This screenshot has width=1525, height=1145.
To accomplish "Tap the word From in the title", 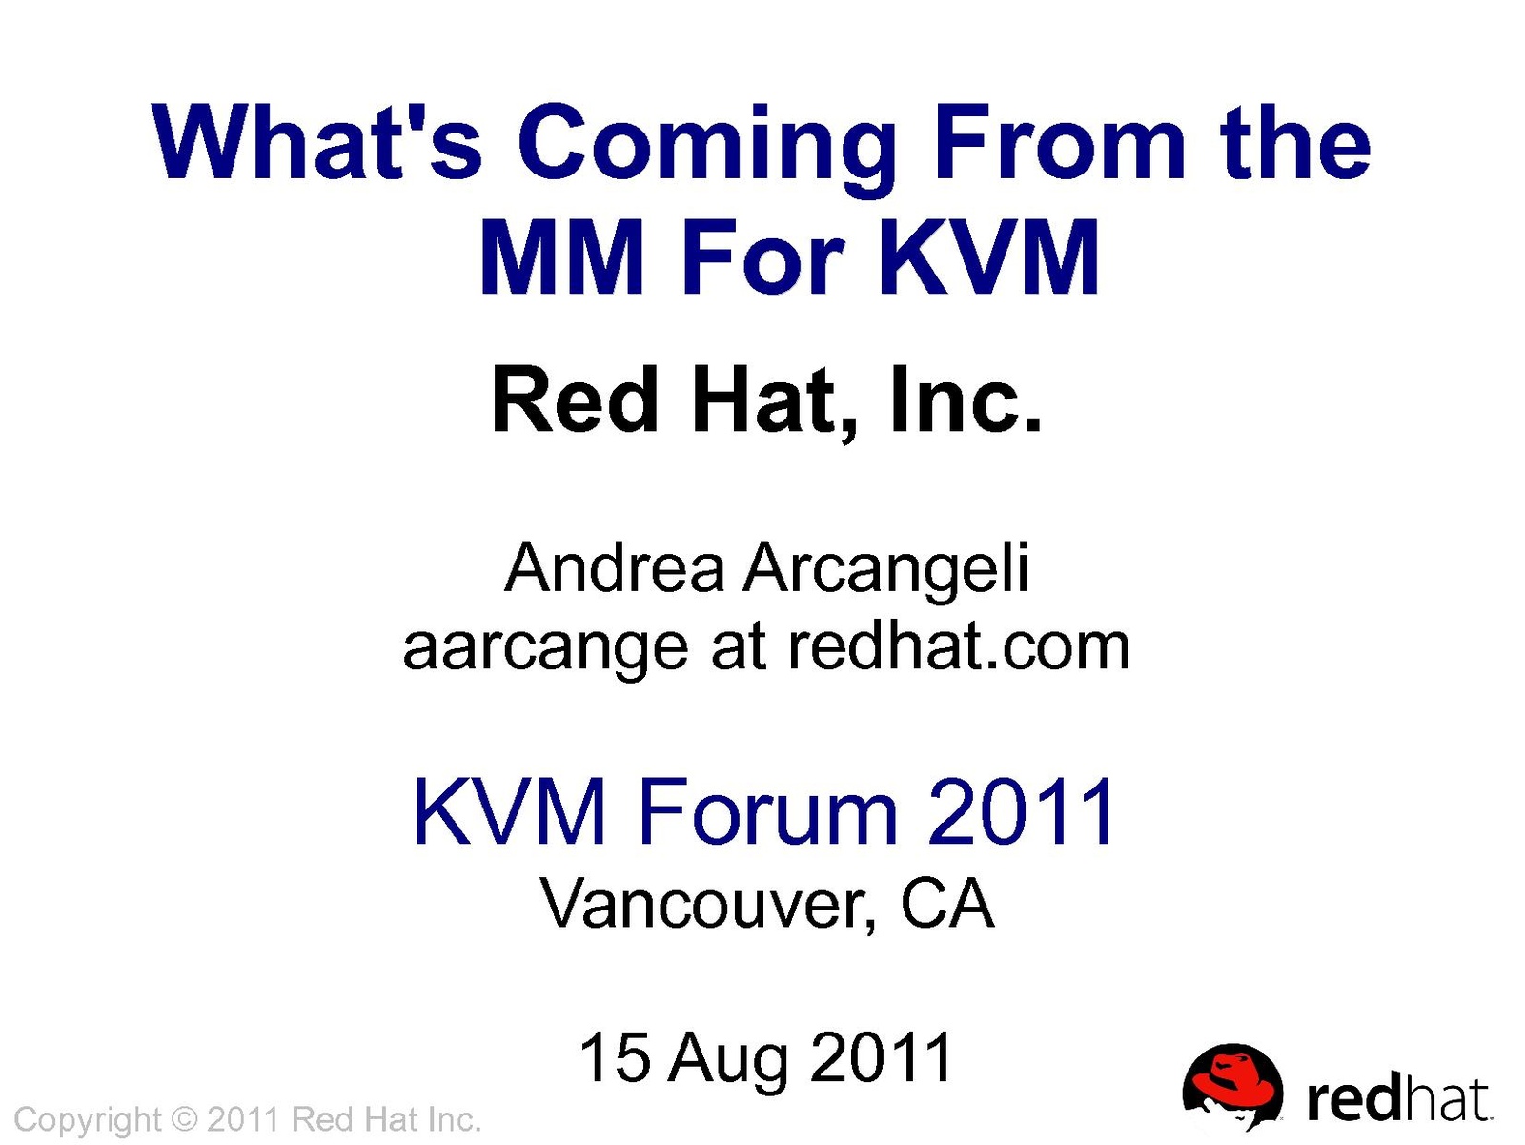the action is tap(1059, 142).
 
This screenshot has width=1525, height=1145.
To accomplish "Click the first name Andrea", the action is tap(615, 568).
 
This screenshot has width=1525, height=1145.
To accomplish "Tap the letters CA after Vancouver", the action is tap(947, 903).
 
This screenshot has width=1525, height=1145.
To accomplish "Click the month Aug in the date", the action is tap(728, 1062).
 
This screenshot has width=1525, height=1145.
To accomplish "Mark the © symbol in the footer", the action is tap(183, 1119).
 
